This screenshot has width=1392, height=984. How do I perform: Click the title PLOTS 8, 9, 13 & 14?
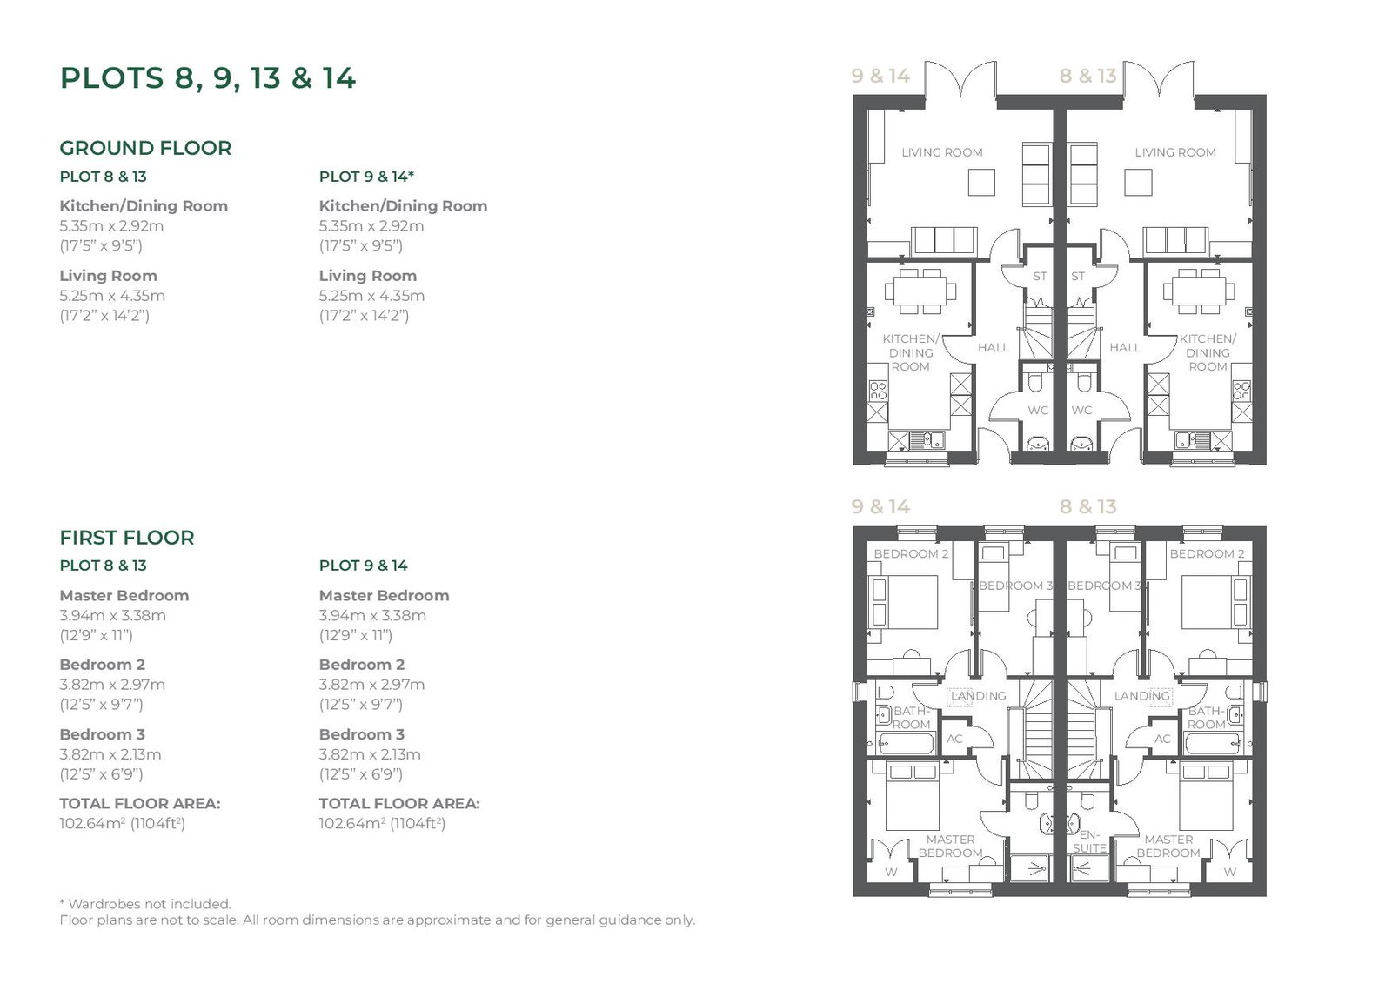coord(208,78)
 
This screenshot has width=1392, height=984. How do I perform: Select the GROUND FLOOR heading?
coord(145,148)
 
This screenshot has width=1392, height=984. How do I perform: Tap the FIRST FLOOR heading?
coord(127,538)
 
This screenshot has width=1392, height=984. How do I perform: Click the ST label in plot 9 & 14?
coord(1040,276)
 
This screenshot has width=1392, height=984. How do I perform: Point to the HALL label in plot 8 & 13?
coord(1125,347)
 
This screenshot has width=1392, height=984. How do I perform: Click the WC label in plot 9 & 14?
coord(1038,411)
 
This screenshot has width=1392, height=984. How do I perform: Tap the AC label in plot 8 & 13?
coord(1162,739)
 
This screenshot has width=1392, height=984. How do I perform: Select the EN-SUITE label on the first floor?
coord(1089,841)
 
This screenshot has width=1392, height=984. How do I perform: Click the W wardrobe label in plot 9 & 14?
coord(891,872)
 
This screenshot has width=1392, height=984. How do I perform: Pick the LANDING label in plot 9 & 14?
coord(978,696)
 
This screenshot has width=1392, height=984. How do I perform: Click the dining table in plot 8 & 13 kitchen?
coord(1199,291)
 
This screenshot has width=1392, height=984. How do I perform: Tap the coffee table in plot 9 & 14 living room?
coord(981,183)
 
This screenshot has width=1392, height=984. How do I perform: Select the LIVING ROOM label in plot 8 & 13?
coord(1175,152)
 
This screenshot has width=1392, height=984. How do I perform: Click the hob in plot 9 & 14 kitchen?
coord(878,391)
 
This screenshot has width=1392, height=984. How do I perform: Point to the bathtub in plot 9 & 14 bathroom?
coord(906,744)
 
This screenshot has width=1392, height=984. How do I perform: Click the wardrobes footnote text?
coord(145,904)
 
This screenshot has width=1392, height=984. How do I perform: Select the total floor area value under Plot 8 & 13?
coord(123,823)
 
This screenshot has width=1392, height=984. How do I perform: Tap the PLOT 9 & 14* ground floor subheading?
coord(366,177)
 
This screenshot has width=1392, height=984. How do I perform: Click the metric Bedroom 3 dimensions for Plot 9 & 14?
coord(370,754)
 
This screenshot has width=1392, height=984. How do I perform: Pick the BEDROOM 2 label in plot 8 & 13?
coord(1207,554)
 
